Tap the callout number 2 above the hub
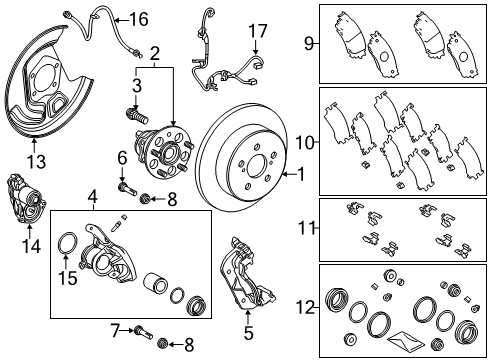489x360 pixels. (154, 51)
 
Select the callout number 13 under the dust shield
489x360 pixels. (37, 160)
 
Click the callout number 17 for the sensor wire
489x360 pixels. (258, 31)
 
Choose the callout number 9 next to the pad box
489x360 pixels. (309, 43)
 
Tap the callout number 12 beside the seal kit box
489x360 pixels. (309, 307)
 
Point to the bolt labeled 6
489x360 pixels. (125, 186)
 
